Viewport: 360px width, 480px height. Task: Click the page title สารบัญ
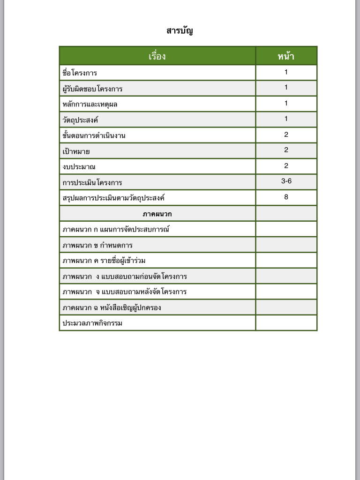[x=180, y=31]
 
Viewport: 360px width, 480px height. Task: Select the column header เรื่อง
[x=157, y=56]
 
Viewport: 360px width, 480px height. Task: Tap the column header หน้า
[x=286, y=56]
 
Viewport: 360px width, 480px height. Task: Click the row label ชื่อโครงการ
[x=80, y=73]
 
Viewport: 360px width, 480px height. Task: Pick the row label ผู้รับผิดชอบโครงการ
[x=92, y=89]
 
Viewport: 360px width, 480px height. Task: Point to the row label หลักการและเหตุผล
[x=90, y=104]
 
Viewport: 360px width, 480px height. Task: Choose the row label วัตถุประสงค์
[x=80, y=120]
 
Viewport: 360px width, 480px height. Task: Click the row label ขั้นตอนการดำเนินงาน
[x=94, y=135]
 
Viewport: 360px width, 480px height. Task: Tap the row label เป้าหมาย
[x=76, y=151]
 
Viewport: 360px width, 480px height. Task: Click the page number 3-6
[x=286, y=181]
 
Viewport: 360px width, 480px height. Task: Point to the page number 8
[x=286, y=197]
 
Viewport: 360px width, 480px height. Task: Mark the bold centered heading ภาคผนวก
[x=157, y=214]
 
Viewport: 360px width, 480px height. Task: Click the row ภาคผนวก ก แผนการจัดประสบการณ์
[x=116, y=229]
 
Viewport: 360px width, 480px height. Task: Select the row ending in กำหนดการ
[x=97, y=245]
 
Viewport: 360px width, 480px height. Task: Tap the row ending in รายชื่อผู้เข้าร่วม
[x=107, y=260]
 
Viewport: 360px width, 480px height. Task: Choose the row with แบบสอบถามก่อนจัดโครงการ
[x=125, y=276]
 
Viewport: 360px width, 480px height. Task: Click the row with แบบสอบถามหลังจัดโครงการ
[x=125, y=292]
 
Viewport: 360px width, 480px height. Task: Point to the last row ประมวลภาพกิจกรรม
[x=92, y=323]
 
